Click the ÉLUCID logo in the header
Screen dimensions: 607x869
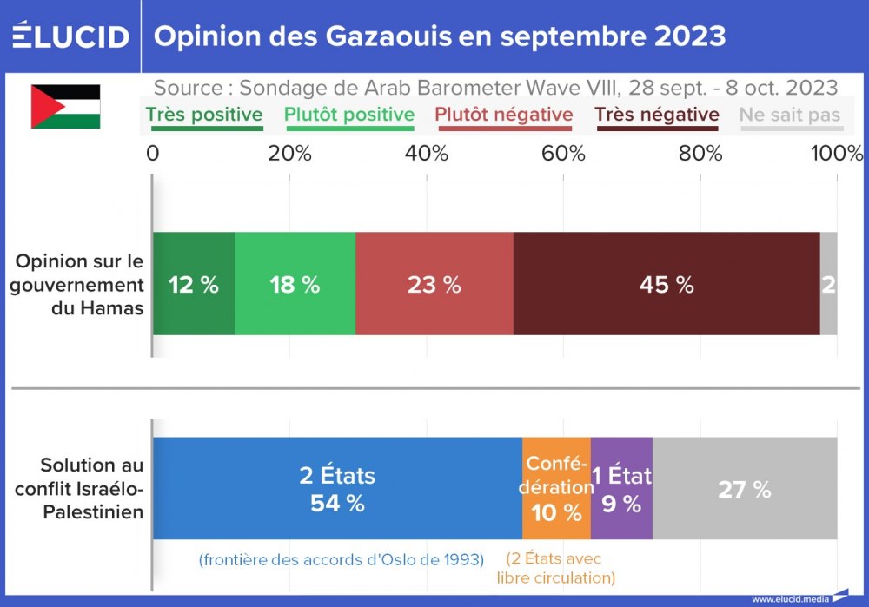tap(70, 36)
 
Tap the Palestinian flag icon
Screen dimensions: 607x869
tap(65, 106)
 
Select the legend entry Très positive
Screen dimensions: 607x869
tap(204, 115)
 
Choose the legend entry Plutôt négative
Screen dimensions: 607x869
tap(503, 115)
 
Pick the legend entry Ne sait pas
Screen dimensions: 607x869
tap(789, 115)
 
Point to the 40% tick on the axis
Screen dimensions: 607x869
tap(427, 154)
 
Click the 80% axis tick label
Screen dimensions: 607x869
tap(700, 154)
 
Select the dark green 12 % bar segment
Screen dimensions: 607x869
tap(194, 284)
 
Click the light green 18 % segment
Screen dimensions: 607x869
tap(295, 284)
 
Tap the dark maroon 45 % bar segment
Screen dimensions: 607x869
tap(666, 284)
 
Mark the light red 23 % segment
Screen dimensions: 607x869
tap(434, 284)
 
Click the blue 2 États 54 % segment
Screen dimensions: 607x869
tap(337, 489)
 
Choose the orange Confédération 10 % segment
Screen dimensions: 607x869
tap(556, 489)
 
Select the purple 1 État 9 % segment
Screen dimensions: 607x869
tap(621, 489)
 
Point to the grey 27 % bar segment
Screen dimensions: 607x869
tap(744, 489)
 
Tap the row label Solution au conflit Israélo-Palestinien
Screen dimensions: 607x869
tap(79, 489)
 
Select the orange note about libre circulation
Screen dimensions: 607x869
tap(556, 569)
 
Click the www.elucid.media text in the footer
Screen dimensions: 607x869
tap(789, 598)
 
